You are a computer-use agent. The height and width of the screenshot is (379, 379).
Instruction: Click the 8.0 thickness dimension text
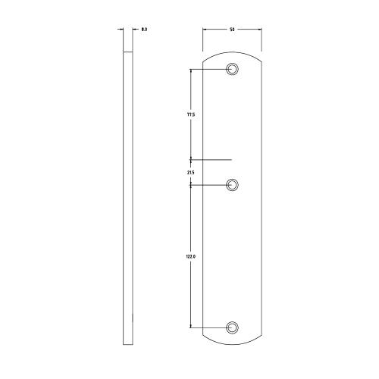(144, 30)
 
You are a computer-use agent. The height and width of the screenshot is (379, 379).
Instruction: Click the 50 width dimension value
(232, 30)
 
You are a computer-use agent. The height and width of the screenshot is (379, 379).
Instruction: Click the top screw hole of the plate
(233, 70)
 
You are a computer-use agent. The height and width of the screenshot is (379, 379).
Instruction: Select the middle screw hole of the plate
(233, 184)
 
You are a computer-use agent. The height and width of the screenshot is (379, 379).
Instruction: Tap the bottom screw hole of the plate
(233, 327)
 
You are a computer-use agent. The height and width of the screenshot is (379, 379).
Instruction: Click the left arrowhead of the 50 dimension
(205, 30)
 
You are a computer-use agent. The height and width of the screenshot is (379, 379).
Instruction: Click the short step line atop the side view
(129, 50)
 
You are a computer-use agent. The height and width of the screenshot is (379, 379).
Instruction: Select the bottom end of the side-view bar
(129, 346)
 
